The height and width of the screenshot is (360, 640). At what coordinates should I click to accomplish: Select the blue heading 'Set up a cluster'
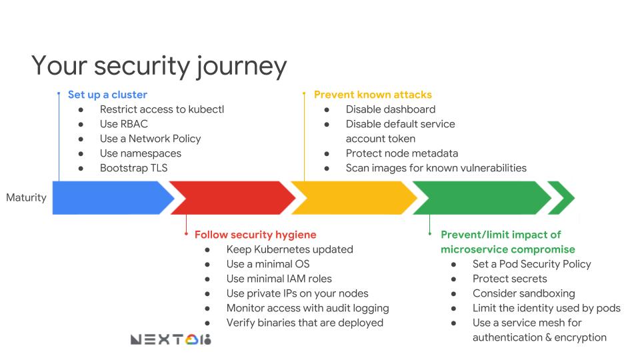(107, 95)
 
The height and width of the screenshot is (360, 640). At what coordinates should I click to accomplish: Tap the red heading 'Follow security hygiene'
(255, 235)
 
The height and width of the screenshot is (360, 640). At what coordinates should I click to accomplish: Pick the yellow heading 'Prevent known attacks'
(373, 95)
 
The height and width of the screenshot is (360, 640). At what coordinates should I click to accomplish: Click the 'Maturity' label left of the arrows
(26, 197)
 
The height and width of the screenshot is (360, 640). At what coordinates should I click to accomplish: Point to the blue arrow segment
(107, 197)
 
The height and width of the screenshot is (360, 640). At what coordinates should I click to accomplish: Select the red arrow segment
(230, 197)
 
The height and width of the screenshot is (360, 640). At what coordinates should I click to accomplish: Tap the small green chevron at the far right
(562, 197)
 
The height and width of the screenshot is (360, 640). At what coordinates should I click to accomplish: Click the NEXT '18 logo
(171, 340)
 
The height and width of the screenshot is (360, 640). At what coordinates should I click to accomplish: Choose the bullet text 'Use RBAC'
(123, 124)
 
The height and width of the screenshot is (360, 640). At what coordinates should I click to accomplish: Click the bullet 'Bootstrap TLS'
(133, 168)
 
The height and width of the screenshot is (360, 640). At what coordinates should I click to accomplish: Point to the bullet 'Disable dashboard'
(390, 109)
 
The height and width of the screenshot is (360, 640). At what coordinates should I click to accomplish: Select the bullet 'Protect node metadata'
(401, 153)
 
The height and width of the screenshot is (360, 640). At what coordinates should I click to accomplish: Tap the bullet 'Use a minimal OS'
(267, 264)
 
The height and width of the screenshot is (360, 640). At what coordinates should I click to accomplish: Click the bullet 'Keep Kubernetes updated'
(289, 249)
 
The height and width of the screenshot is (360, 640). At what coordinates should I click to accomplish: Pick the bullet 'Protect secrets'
(509, 279)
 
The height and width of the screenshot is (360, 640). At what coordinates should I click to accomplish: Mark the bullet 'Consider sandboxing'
(523, 293)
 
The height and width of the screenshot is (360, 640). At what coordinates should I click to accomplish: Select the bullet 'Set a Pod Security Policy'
(531, 264)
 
